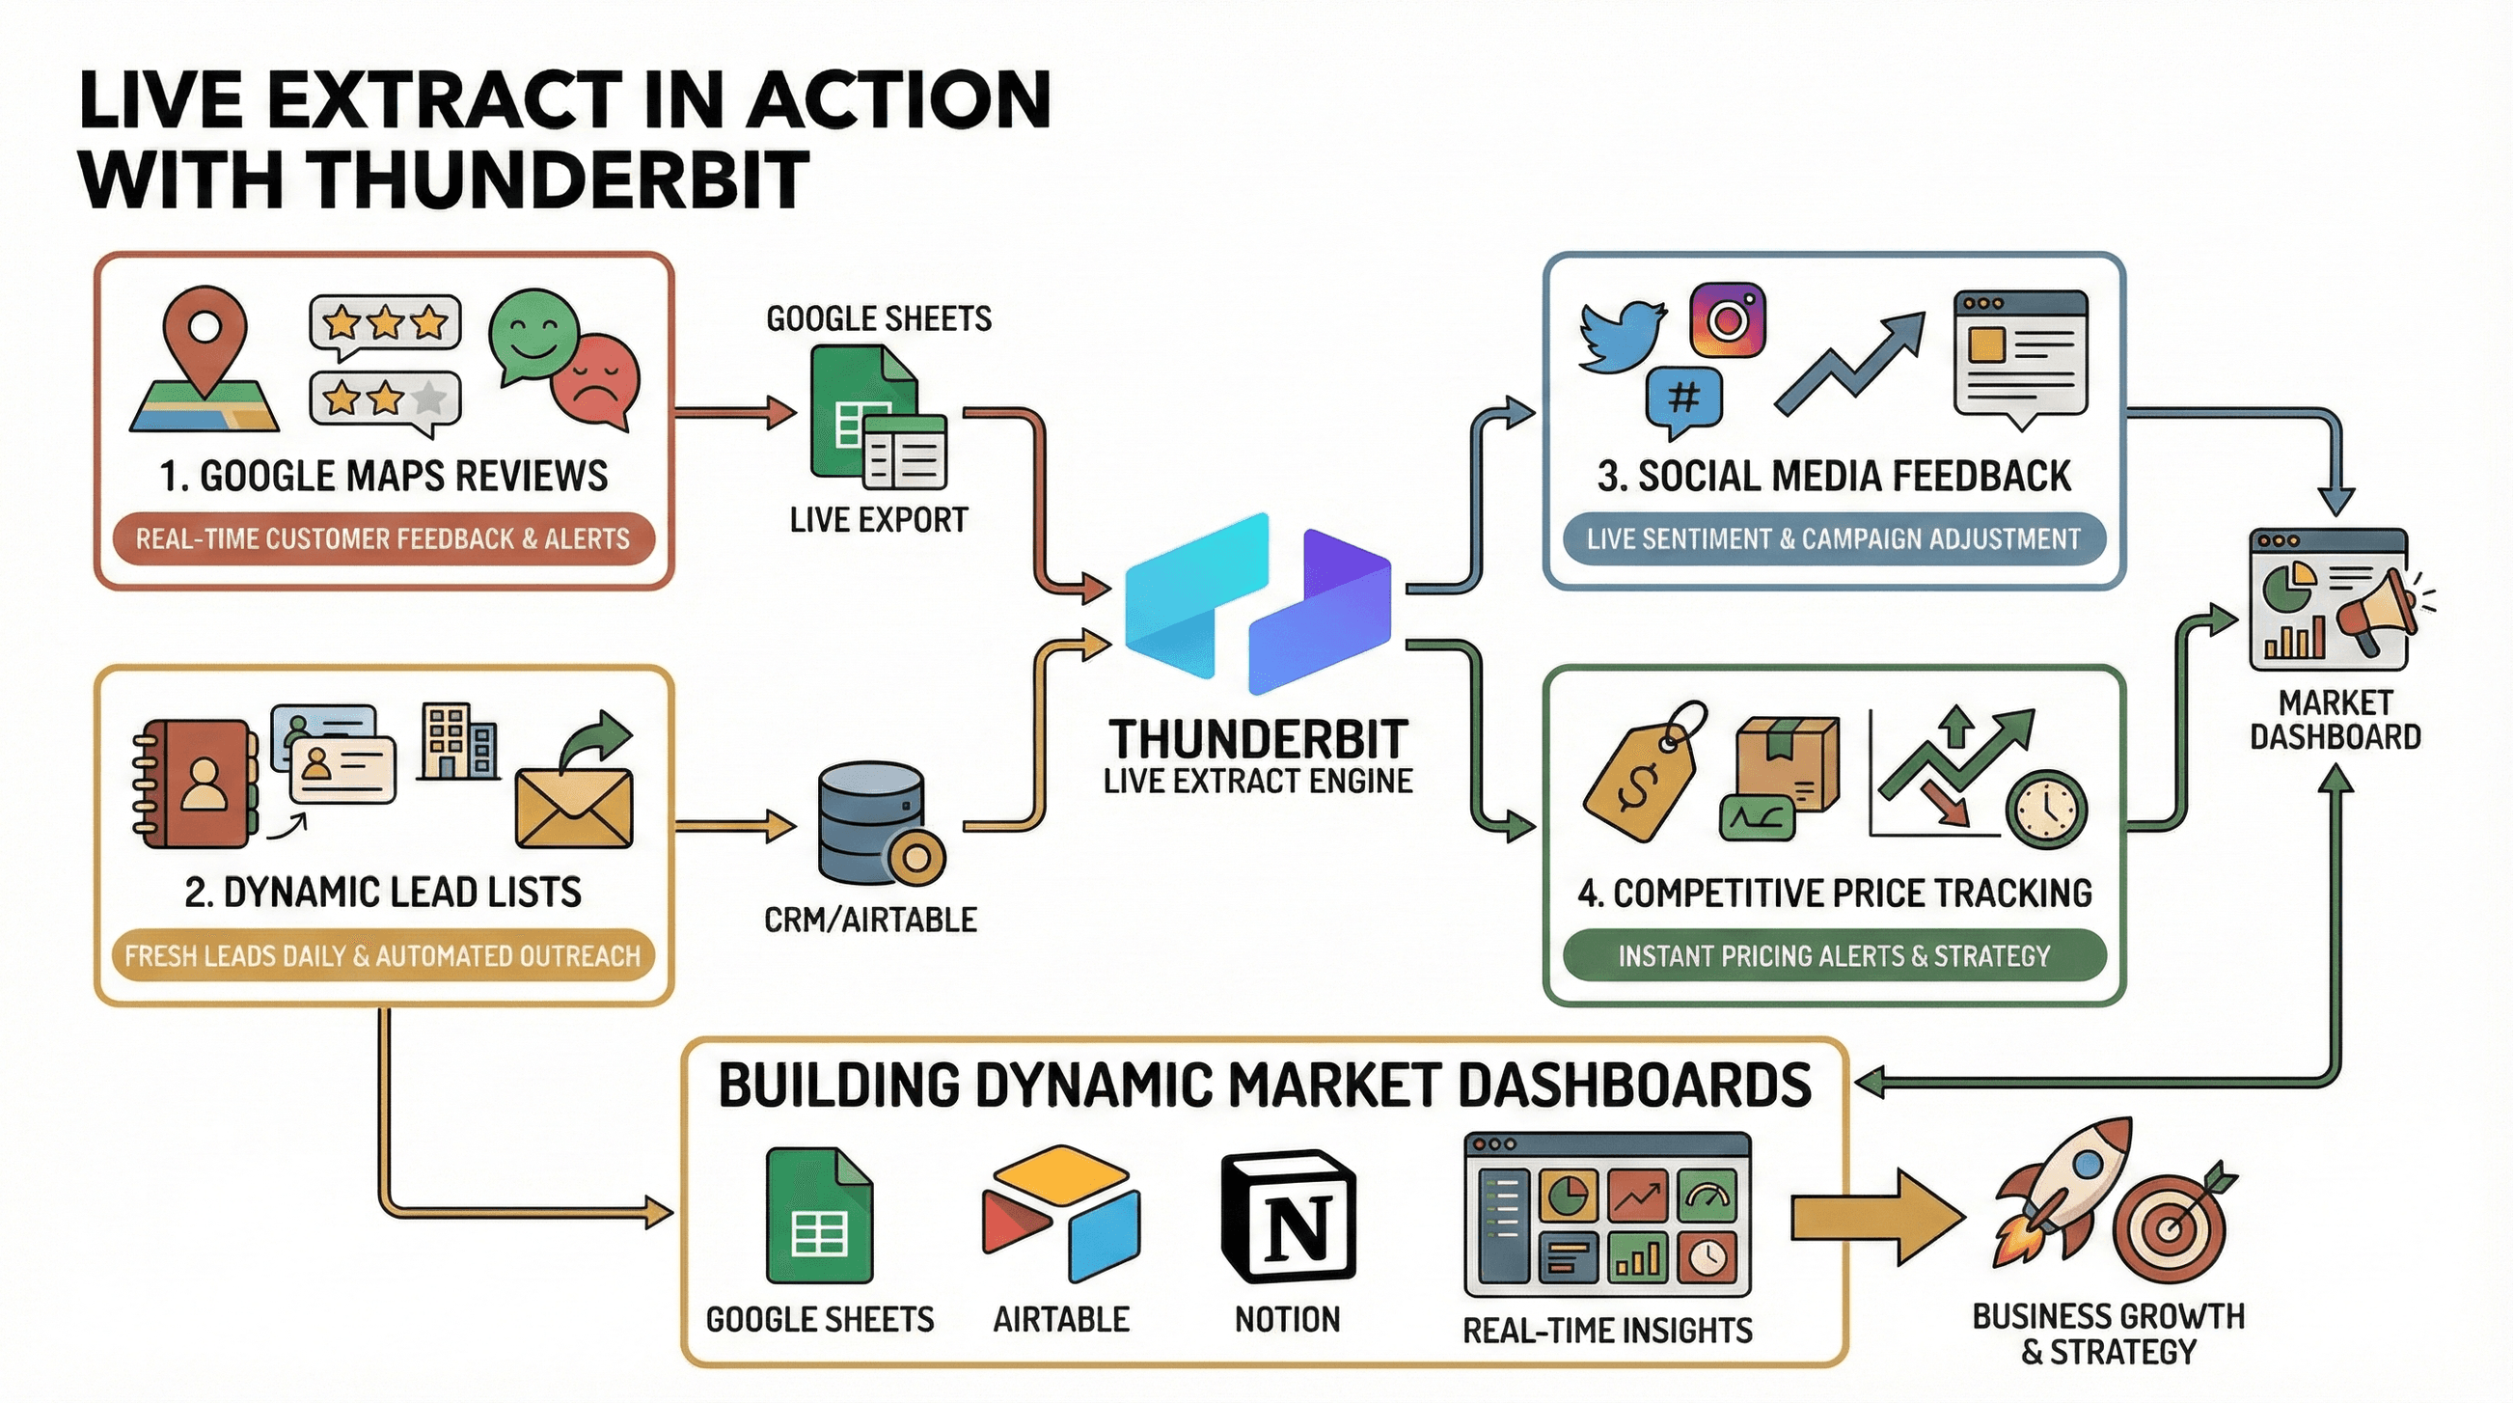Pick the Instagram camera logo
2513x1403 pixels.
[x=1728, y=320]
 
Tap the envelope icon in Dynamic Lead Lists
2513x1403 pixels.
[x=574, y=808]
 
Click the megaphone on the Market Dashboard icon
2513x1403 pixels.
[x=2380, y=610]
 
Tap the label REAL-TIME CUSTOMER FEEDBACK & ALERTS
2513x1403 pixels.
[x=382, y=538]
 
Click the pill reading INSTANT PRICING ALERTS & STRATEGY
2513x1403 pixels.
[x=1834, y=955]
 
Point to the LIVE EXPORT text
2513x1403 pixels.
[x=879, y=520]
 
